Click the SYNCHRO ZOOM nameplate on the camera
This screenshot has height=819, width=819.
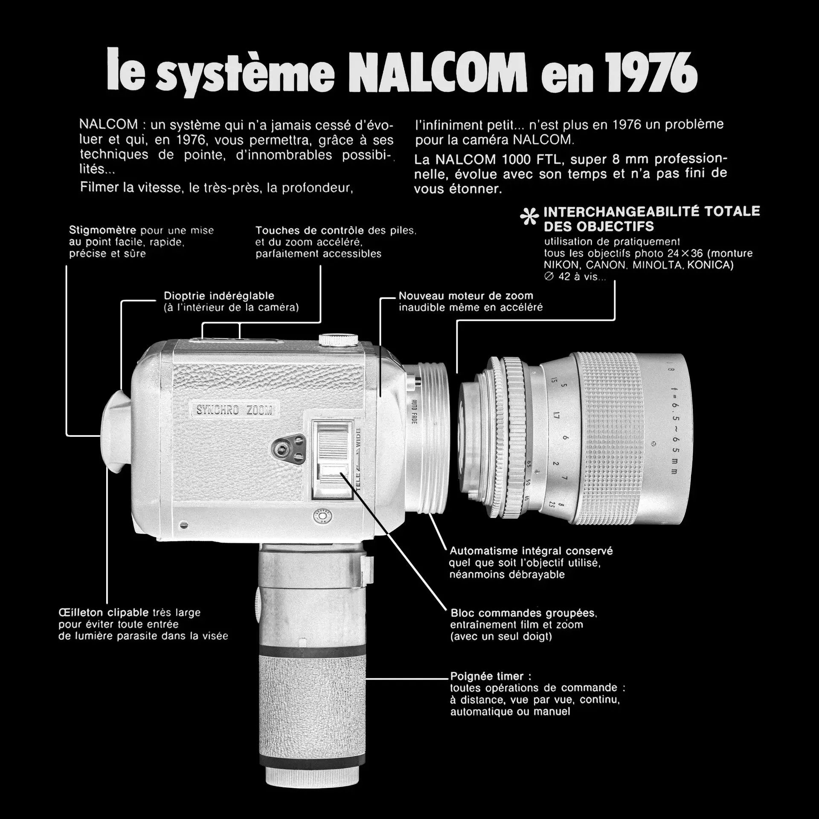(234, 410)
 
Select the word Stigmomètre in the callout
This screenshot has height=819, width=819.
(102, 231)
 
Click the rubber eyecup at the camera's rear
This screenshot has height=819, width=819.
(116, 431)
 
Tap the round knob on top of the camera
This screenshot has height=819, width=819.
(339, 339)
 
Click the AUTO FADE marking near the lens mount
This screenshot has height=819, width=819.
(414, 412)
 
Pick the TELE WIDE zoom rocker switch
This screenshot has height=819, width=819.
(333, 460)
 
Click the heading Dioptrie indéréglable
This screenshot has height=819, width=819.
(219, 296)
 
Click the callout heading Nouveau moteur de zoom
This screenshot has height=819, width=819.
(466, 296)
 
